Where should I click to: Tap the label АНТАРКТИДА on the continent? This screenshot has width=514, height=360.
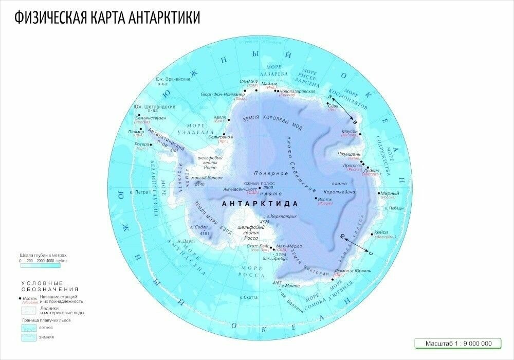[x=254, y=204]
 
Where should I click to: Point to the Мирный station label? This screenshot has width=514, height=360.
[x=388, y=193]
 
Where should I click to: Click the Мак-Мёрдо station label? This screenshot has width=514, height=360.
[x=289, y=246]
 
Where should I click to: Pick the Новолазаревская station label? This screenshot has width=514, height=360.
[x=298, y=91]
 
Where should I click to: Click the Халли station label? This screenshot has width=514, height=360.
[x=219, y=118]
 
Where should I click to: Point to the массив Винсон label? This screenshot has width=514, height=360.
[x=209, y=177]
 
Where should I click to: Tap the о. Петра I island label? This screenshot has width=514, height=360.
[x=141, y=192]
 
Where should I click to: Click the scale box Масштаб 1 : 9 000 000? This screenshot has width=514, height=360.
[x=459, y=344]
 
